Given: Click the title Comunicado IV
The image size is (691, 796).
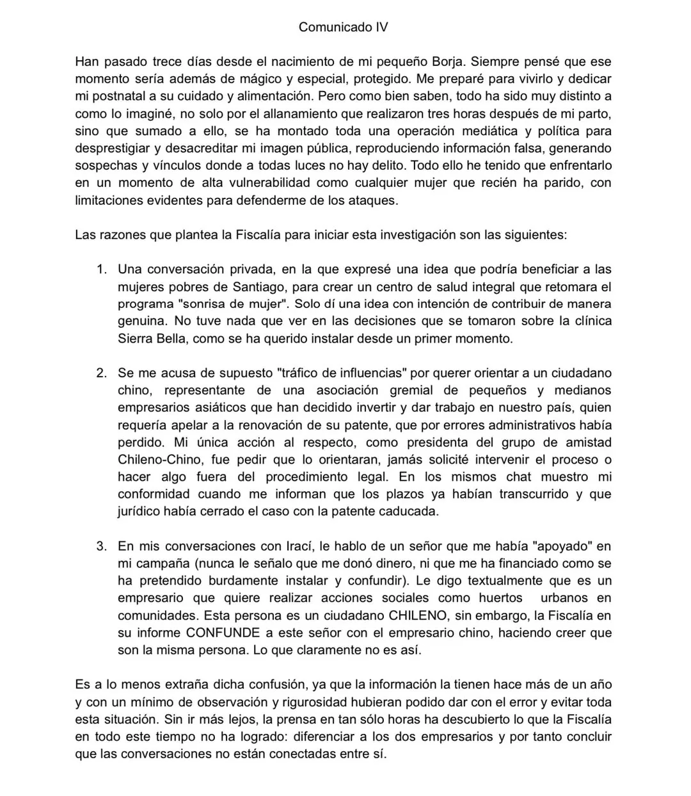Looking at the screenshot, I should point(344,27).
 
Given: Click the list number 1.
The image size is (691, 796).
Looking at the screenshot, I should point(100,269).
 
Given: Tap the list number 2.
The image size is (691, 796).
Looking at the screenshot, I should point(100,373).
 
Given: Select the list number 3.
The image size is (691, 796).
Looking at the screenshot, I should point(100,546).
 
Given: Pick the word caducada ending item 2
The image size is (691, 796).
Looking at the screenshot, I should point(417,512).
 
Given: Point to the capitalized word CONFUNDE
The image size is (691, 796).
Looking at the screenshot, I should point(223,633).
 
